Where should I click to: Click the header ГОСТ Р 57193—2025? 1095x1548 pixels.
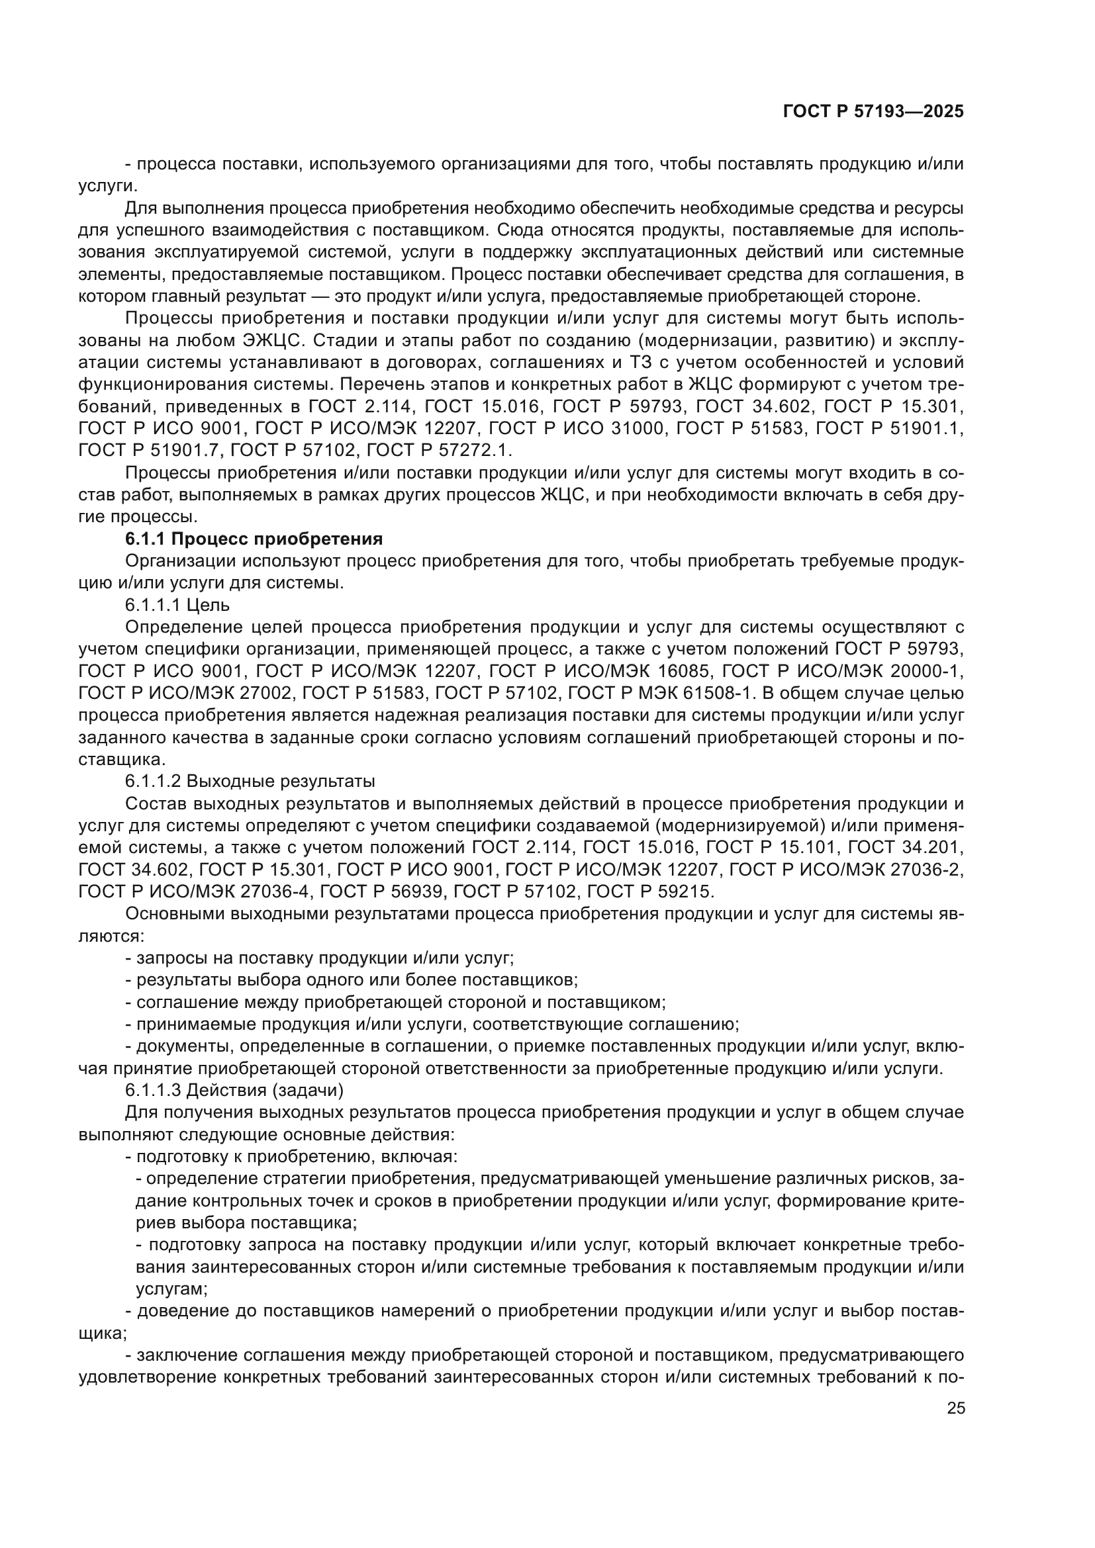pos(873,112)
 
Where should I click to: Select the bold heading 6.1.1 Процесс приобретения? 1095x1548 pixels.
pos(254,539)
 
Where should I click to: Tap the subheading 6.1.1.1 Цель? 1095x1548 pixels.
pos(177,605)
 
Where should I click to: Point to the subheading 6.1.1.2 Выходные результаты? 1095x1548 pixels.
pos(250,782)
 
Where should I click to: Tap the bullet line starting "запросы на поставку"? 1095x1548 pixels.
pos(320,958)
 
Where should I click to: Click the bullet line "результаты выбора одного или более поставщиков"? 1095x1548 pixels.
pos(352,979)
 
